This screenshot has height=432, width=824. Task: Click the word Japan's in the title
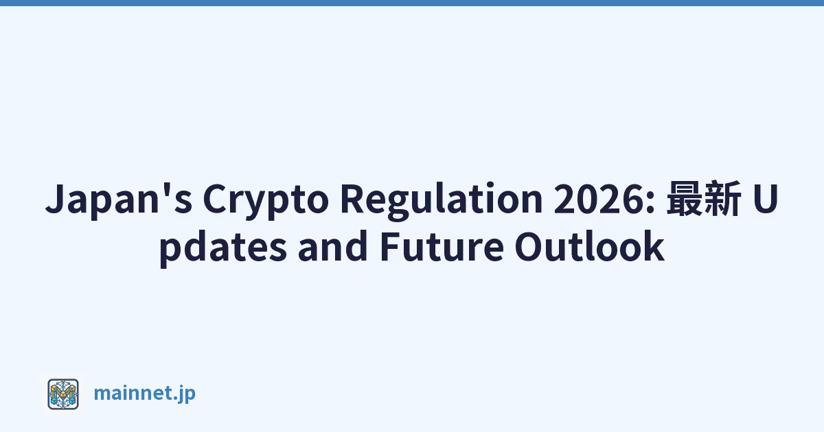pos(119,200)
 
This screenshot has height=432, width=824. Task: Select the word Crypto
pos(266,200)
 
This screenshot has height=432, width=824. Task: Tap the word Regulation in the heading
pos(442,200)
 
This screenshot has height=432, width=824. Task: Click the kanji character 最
pos(685,197)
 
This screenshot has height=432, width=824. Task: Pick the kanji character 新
pos(722,197)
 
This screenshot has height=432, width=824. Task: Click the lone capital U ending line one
pos(765,199)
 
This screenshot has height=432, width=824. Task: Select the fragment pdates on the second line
pos(223,248)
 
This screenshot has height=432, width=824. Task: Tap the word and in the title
pos(333,246)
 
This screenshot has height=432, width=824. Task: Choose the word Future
pos(442,247)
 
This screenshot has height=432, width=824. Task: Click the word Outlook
pos(589,246)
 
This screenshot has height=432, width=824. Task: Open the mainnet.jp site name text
pos(145,394)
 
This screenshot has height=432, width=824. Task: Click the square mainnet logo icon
pos(63,394)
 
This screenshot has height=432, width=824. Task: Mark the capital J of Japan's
pos(56,199)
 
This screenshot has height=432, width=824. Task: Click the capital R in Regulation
pos(352,199)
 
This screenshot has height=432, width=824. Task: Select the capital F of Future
pos(389,246)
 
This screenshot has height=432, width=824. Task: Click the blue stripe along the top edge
pos(412,3)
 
